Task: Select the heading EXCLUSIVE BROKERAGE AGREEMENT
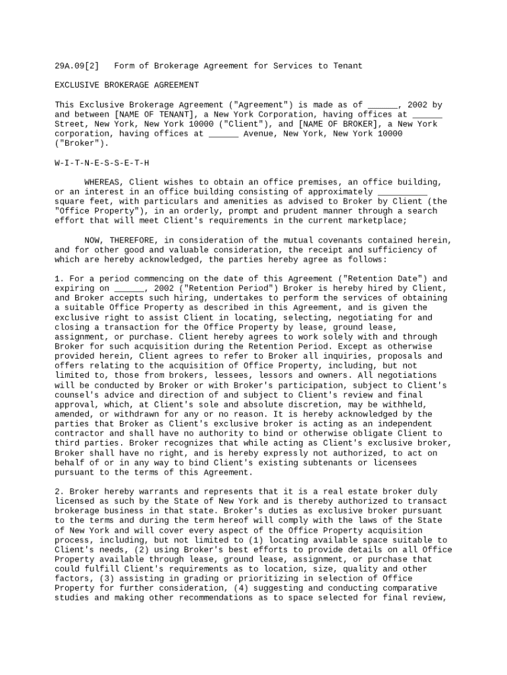click(126, 85)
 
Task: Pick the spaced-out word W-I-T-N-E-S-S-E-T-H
click(102, 163)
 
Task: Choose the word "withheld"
click(408, 405)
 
